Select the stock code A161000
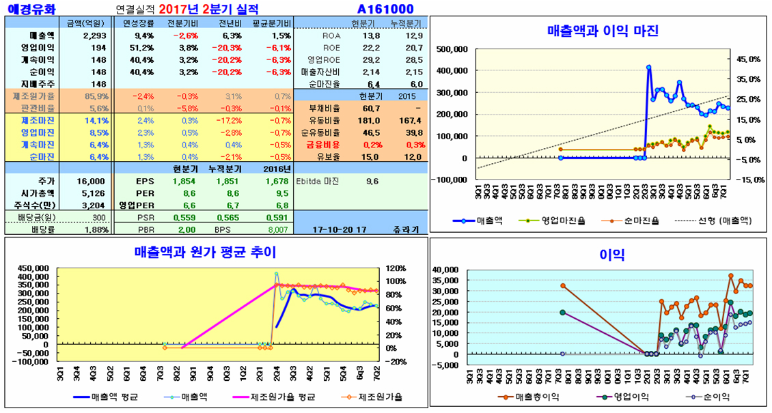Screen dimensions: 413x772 pyautogui.click(x=385, y=9)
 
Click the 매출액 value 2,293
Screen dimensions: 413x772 pyautogui.click(x=94, y=35)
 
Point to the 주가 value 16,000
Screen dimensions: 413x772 pyautogui.click(x=92, y=181)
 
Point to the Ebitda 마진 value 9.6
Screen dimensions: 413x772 pyautogui.click(x=372, y=181)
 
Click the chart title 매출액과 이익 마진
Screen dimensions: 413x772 pyautogui.click(x=603, y=31)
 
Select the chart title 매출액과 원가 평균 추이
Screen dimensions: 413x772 pyautogui.click(x=205, y=252)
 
